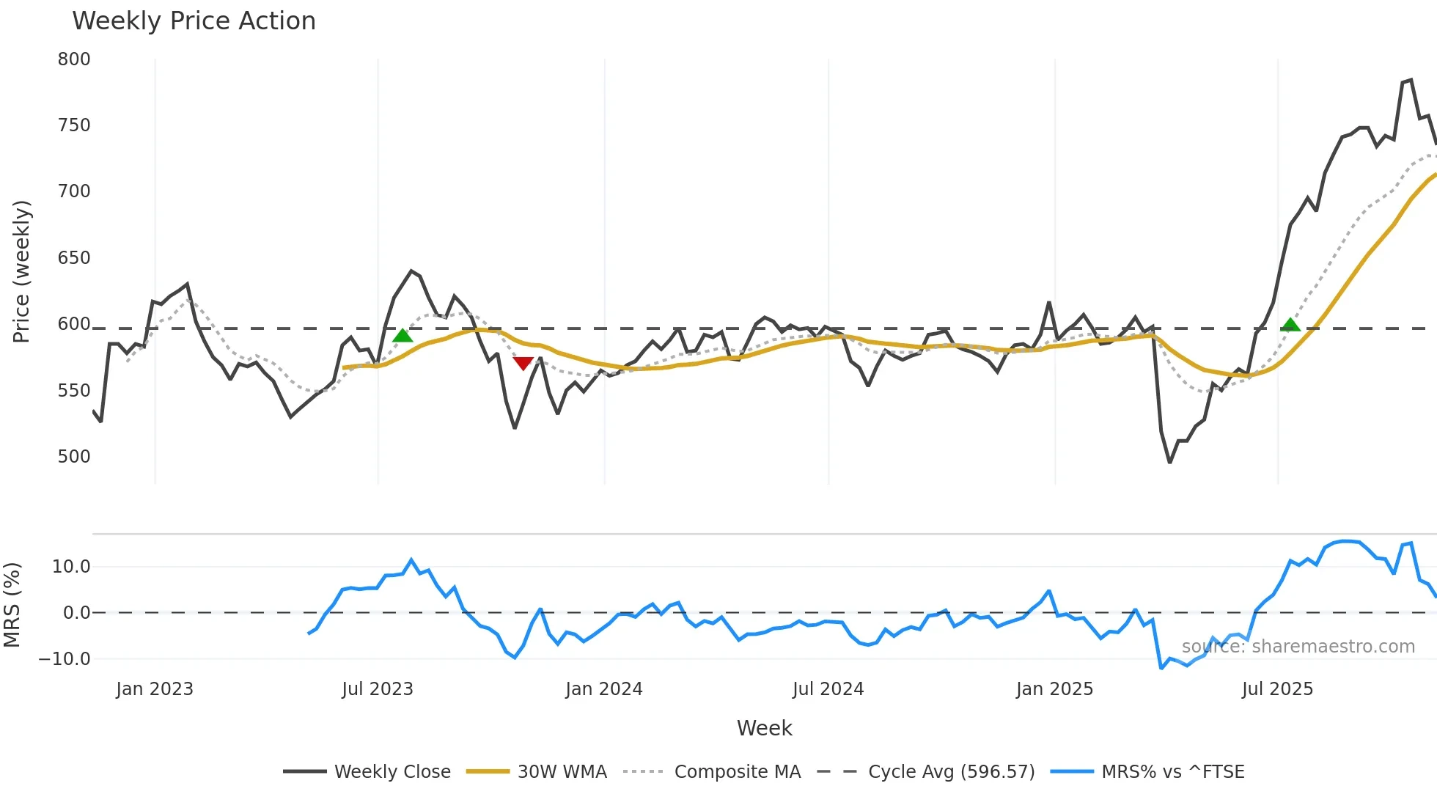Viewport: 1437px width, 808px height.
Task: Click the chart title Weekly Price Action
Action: coord(194,21)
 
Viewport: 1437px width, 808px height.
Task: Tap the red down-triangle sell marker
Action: coord(523,363)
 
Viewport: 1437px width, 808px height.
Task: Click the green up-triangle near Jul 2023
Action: coord(403,336)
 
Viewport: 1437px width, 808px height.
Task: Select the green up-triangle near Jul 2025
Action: coord(1290,325)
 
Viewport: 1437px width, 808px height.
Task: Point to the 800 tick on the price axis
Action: coord(74,59)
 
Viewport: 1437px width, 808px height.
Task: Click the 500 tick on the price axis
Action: coord(74,457)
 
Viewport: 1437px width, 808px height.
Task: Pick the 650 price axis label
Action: coord(74,258)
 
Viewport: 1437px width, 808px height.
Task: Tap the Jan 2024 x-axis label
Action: coord(604,689)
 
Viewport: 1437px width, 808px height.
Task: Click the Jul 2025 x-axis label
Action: coord(1277,689)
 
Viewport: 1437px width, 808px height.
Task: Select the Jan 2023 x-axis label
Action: coord(155,689)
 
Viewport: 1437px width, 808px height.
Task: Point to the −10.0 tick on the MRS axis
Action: coord(65,659)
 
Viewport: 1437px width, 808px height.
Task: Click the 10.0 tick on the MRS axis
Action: coord(71,567)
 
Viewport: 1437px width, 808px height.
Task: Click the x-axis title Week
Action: coord(764,728)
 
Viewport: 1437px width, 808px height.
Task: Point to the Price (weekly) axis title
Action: coord(21,271)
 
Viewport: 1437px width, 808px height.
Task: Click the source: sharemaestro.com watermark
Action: coord(1298,647)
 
